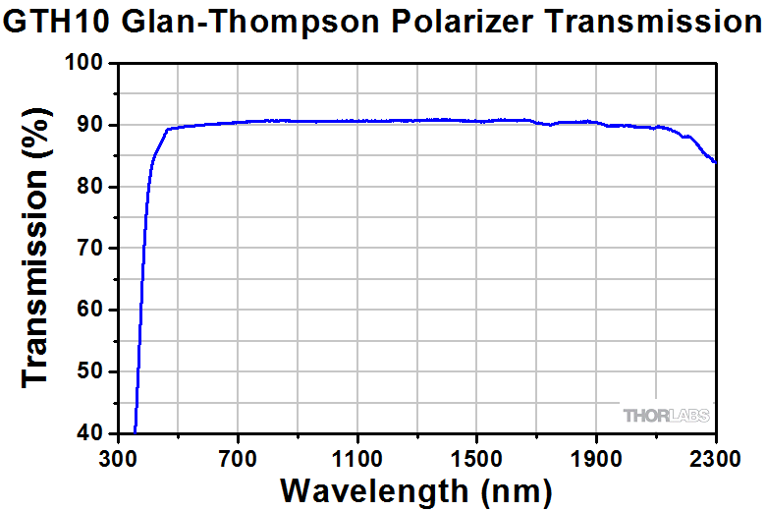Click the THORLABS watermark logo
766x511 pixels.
tap(665, 416)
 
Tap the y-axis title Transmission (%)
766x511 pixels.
tap(36, 248)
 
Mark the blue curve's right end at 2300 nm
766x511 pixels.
tap(715, 162)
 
